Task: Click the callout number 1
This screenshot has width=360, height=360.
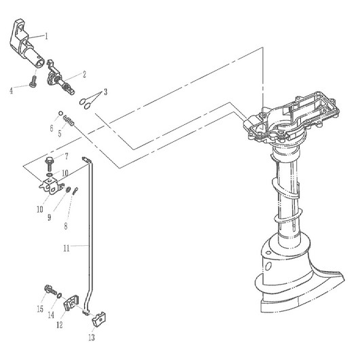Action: tap(46, 36)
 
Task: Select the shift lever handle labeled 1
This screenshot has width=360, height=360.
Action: tap(25, 43)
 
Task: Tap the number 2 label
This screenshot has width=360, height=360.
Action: tap(84, 75)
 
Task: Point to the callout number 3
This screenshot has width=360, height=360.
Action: tap(105, 92)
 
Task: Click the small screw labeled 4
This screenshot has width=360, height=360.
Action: tap(33, 82)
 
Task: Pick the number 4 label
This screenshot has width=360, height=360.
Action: tap(12, 91)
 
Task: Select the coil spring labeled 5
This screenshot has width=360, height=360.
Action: tap(69, 121)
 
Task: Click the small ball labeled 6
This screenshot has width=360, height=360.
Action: tap(60, 113)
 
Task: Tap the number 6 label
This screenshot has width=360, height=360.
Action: tap(52, 128)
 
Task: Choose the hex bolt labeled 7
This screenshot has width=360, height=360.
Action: tap(49, 164)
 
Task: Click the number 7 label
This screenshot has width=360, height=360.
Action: tap(67, 157)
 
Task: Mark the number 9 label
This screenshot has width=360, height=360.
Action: tap(50, 217)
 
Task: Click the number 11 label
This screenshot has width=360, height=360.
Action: tap(67, 248)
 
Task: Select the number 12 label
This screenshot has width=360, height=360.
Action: tap(60, 325)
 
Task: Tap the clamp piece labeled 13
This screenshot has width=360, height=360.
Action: tap(99, 319)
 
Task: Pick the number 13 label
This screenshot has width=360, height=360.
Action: tap(92, 338)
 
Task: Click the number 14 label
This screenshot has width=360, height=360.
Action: tap(51, 315)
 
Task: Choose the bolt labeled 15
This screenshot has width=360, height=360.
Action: tap(50, 290)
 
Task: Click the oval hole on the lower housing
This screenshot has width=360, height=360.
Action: tap(268, 266)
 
